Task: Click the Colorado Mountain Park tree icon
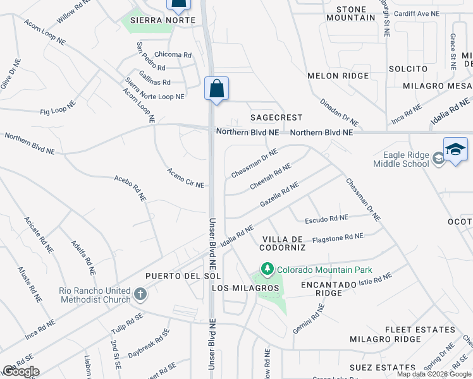[268, 270]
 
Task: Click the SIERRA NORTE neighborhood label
[152, 20]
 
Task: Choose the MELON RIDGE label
[338, 76]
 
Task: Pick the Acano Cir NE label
[185, 178]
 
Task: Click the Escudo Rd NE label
[326, 219]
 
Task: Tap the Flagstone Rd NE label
[338, 237]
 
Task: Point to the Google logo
[21, 371]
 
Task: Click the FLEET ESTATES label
[421, 330]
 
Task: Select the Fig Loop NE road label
[58, 105]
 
